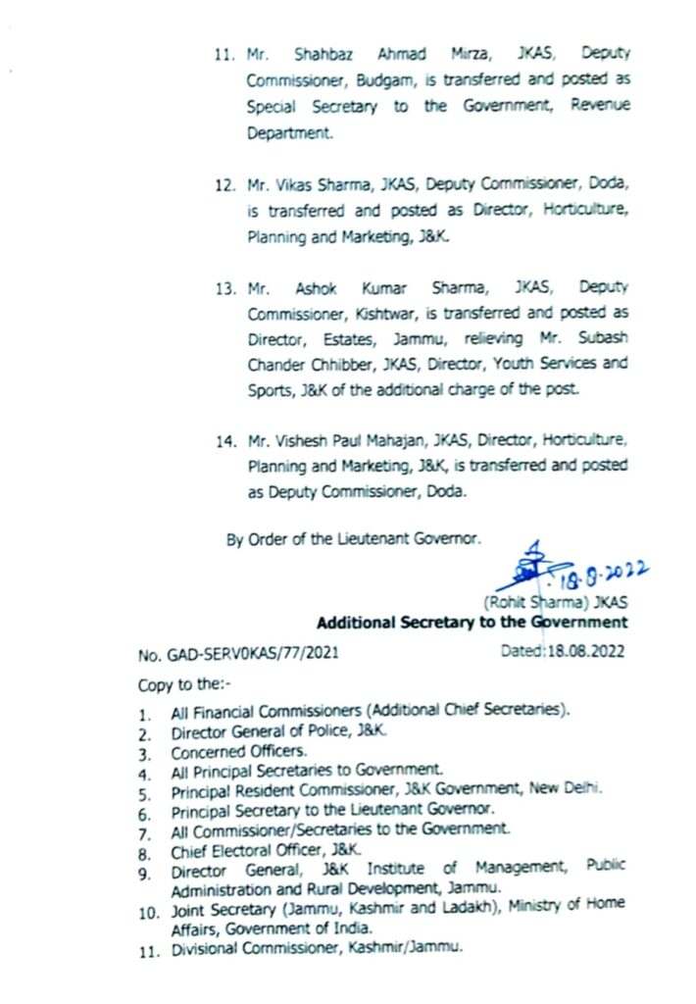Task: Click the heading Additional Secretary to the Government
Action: coord(472,622)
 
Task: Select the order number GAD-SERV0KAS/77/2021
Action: coord(240,650)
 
